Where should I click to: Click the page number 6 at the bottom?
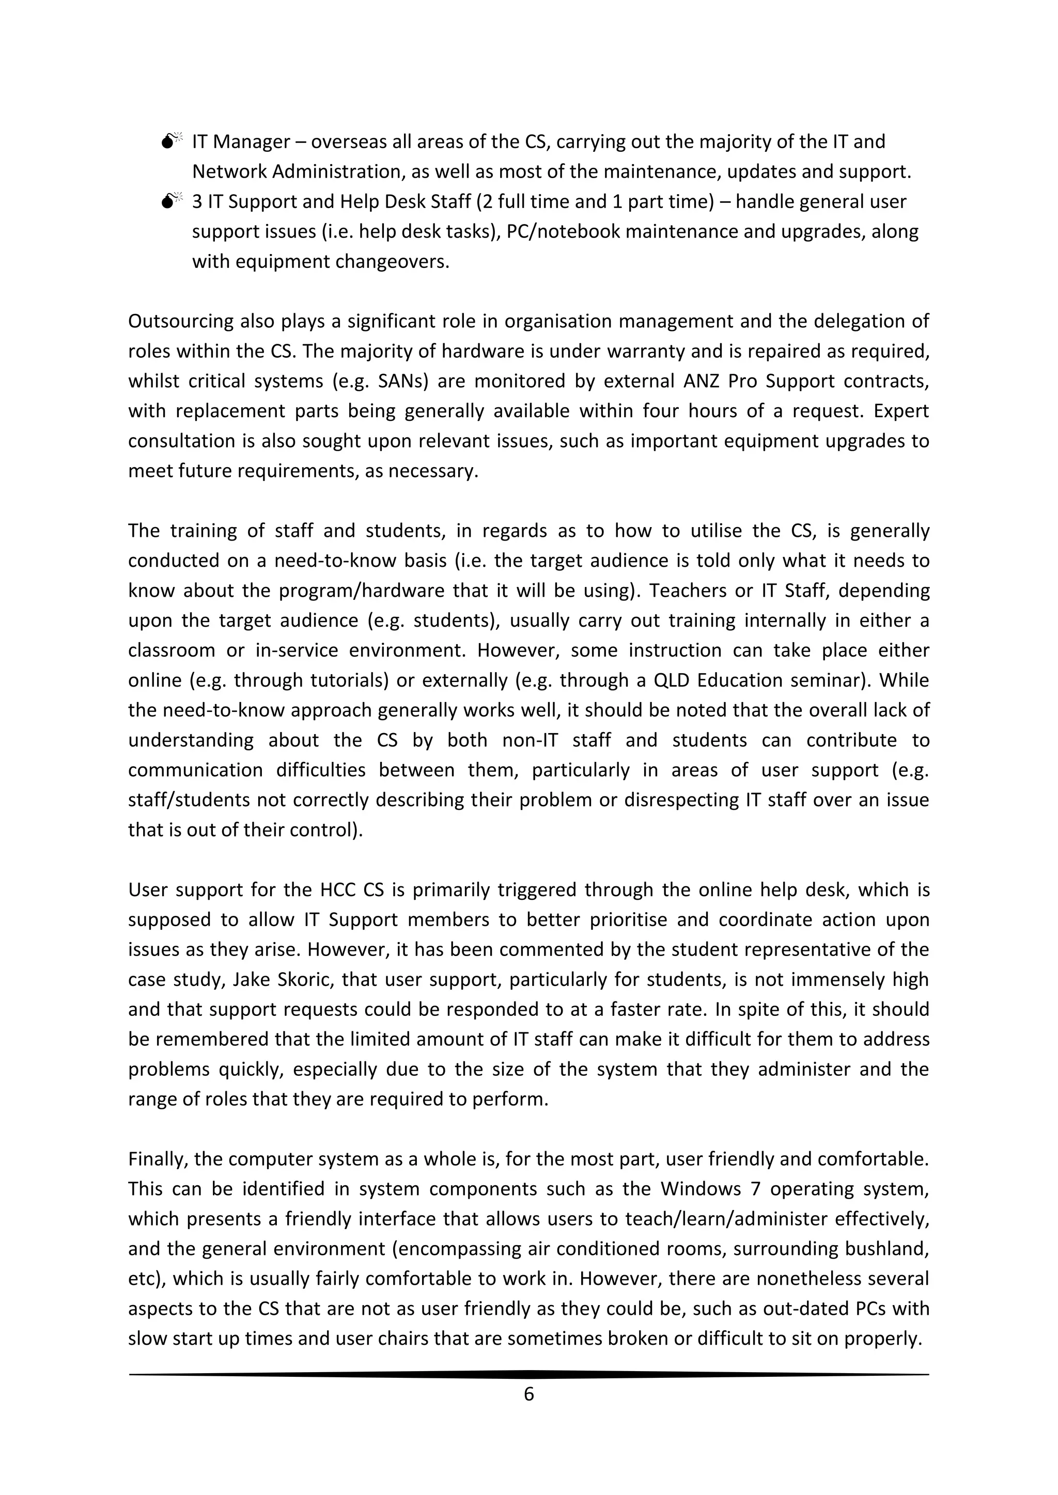coord(528,1393)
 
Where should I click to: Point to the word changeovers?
coord(392,262)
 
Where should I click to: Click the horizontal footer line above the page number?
coord(528,1375)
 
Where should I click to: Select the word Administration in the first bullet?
coord(332,172)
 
